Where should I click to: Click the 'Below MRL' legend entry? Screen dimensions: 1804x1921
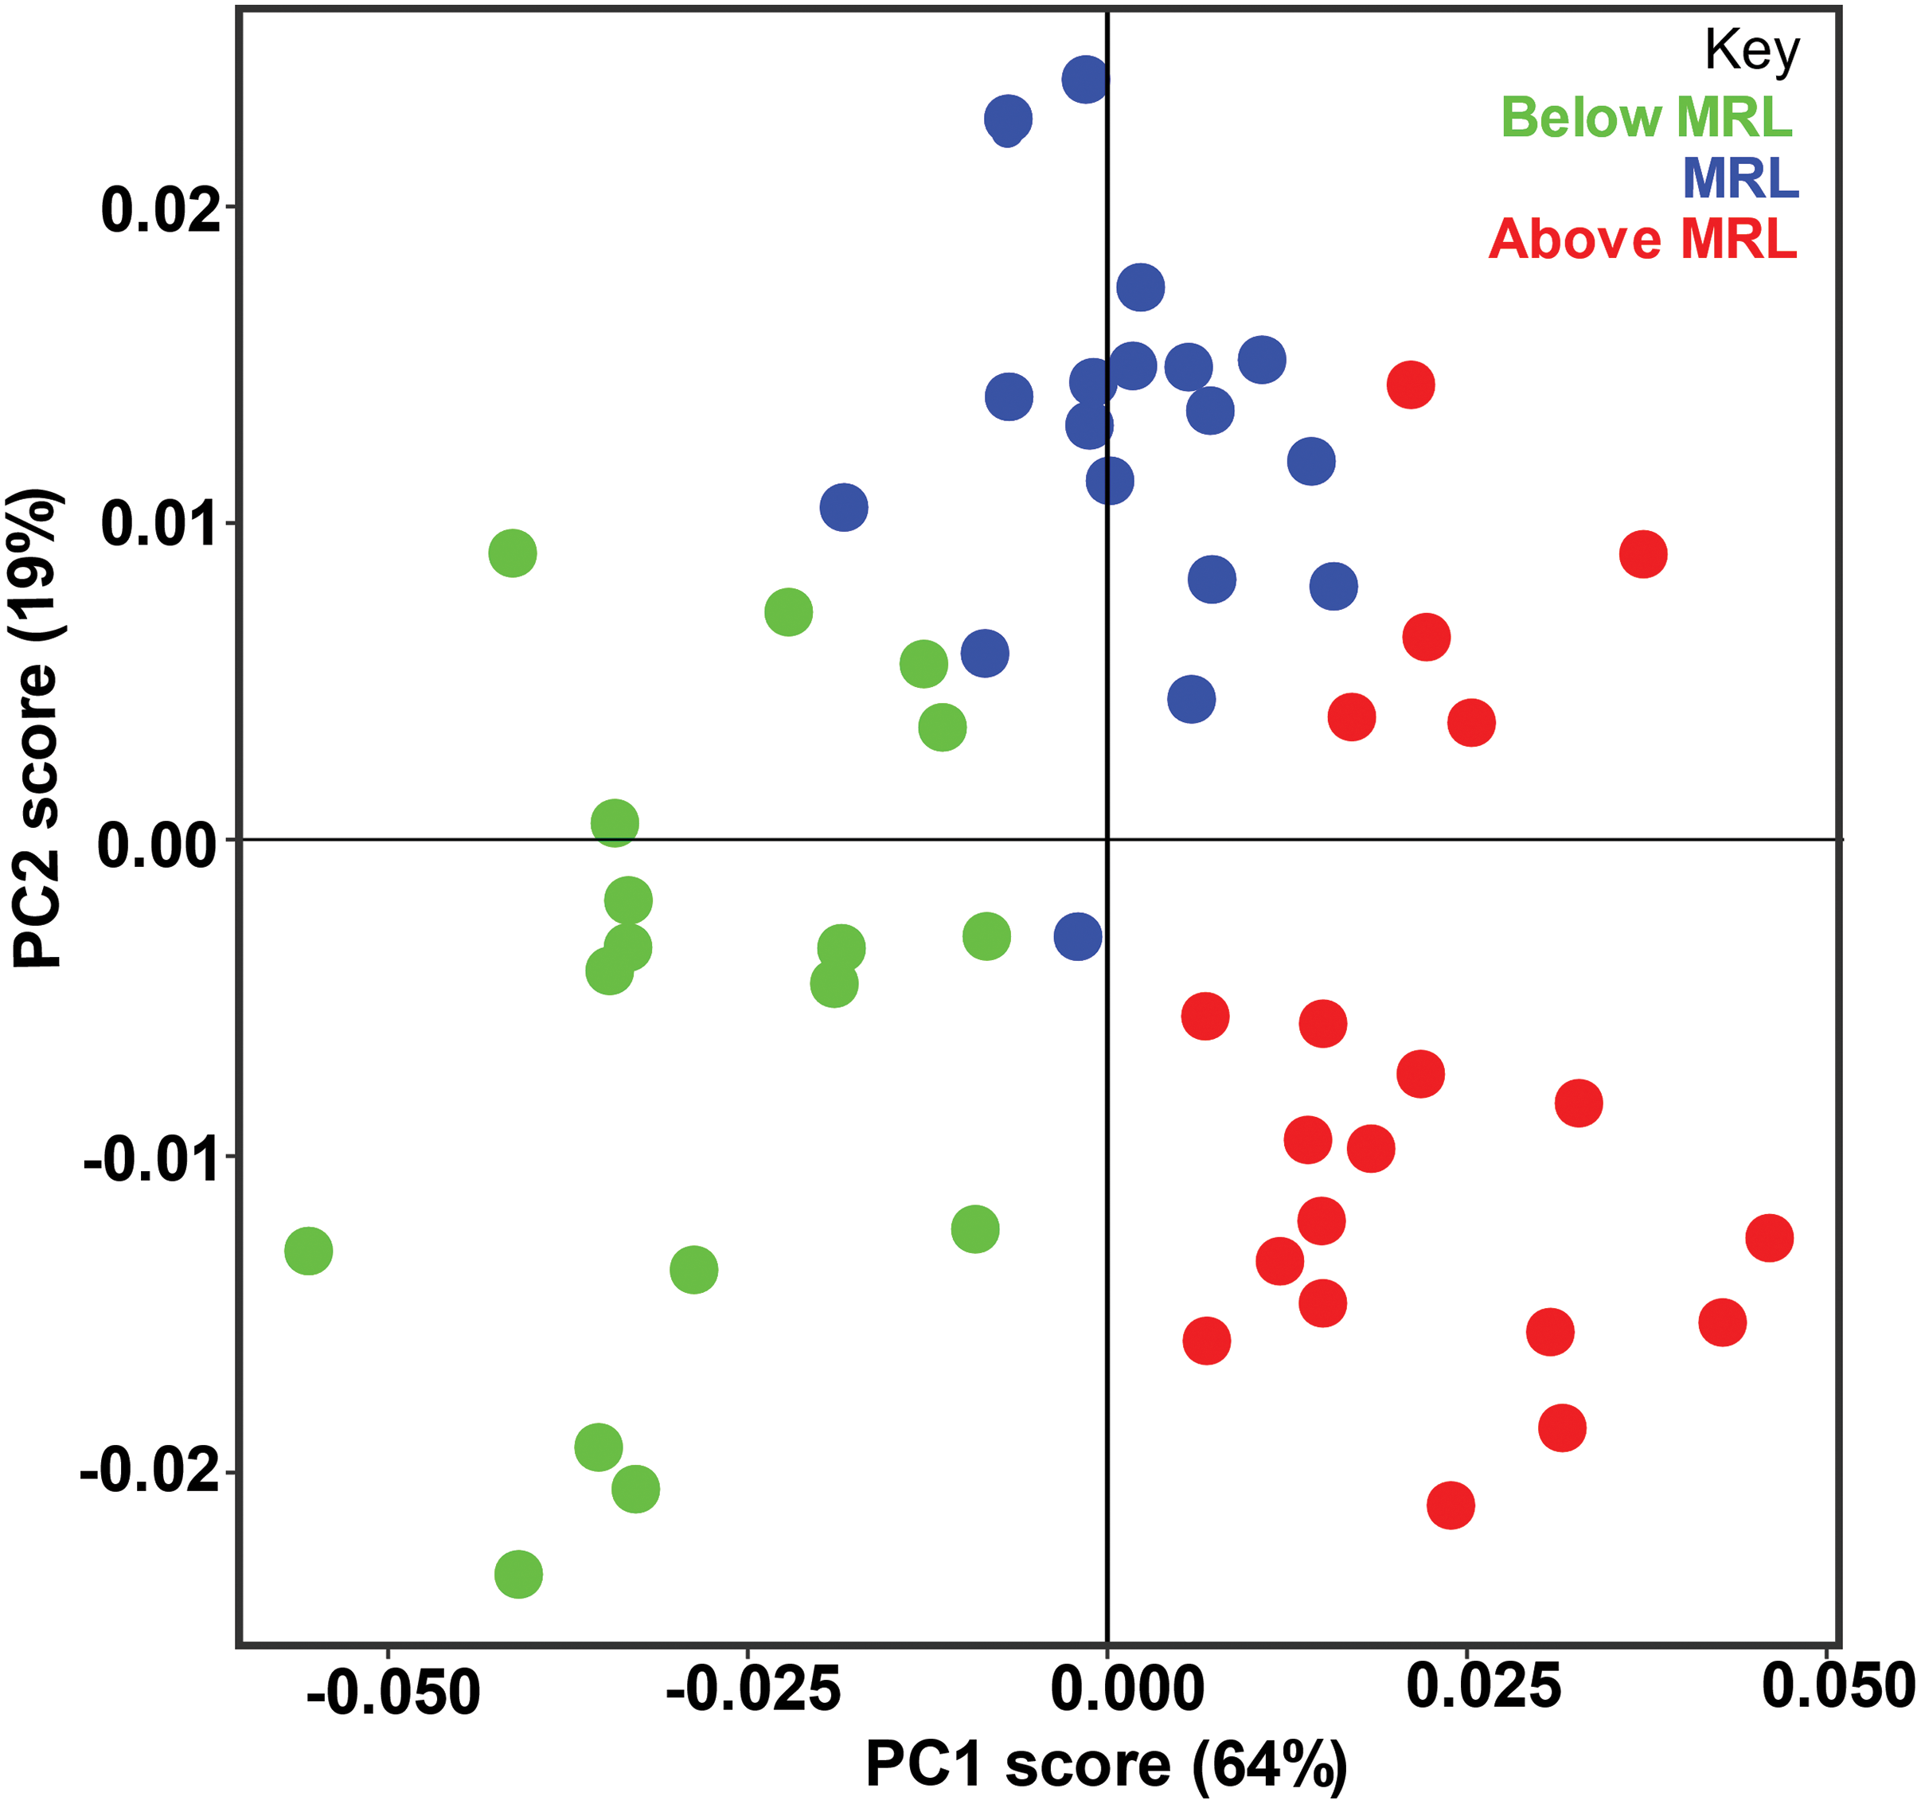[1646, 118]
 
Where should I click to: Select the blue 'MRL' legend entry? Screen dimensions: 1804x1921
[1740, 179]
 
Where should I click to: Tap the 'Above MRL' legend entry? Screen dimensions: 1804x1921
[1642, 239]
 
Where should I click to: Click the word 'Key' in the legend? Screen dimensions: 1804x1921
[1752, 50]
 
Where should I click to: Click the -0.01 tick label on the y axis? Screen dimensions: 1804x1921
[152, 1158]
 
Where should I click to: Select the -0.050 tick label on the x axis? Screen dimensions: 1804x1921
[393, 1692]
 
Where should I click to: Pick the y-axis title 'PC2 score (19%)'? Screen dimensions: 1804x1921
[37, 729]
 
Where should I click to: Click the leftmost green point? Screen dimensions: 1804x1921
[308, 1251]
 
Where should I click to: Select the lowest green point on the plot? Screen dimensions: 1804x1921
[519, 1574]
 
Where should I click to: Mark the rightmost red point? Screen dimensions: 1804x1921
[1769, 1238]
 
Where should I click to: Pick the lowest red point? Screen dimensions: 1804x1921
[1451, 1505]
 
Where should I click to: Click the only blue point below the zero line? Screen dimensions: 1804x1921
[1077, 935]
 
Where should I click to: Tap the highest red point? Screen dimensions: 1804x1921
[1411, 385]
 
